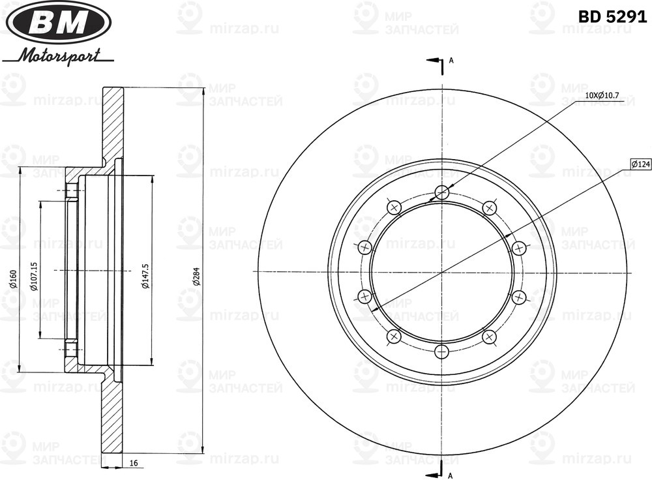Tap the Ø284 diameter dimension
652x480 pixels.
195,277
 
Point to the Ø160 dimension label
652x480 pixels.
12,277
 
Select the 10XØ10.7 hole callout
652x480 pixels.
603,95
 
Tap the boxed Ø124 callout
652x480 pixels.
640,165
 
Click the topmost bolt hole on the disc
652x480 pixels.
442,192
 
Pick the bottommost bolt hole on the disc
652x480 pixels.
442,352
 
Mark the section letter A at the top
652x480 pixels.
451,61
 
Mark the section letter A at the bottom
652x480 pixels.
451,474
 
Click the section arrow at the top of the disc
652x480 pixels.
434,61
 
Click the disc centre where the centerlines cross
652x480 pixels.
442,272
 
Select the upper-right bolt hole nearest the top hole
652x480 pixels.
489,207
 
